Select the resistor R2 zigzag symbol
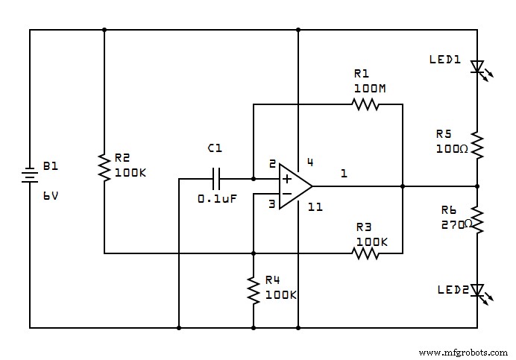point(104,165)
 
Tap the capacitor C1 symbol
point(216,179)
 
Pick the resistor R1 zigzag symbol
point(365,104)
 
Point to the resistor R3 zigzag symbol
point(365,253)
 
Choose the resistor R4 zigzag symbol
point(254,290)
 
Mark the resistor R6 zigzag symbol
point(477,219)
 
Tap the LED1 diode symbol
point(477,68)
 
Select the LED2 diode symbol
point(477,290)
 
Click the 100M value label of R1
point(370,88)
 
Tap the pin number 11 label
point(315,206)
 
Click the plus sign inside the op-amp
point(287,179)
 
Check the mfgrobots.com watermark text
point(462,352)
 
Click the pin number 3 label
point(271,203)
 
